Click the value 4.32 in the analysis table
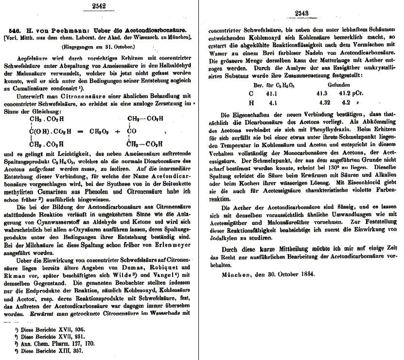[324, 103]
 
